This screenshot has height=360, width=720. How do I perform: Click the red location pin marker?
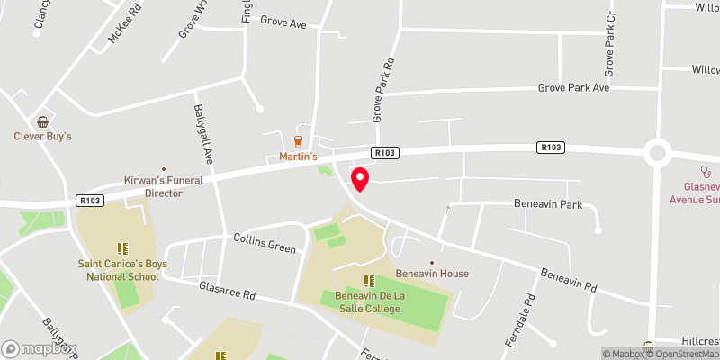[360, 179]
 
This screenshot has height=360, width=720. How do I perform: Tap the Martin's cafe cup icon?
[298, 141]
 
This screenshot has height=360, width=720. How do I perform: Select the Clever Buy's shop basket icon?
[42, 121]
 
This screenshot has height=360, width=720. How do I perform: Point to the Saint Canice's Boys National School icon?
[123, 247]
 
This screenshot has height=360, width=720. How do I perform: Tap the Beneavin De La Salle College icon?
[368, 281]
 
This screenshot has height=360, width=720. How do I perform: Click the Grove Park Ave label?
[573, 88]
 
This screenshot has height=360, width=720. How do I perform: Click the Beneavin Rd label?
[569, 280]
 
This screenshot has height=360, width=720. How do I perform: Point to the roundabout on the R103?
[658, 152]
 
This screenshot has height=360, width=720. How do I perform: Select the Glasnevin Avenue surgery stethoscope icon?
[707, 170]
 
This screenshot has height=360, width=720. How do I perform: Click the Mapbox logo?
[40, 348]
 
